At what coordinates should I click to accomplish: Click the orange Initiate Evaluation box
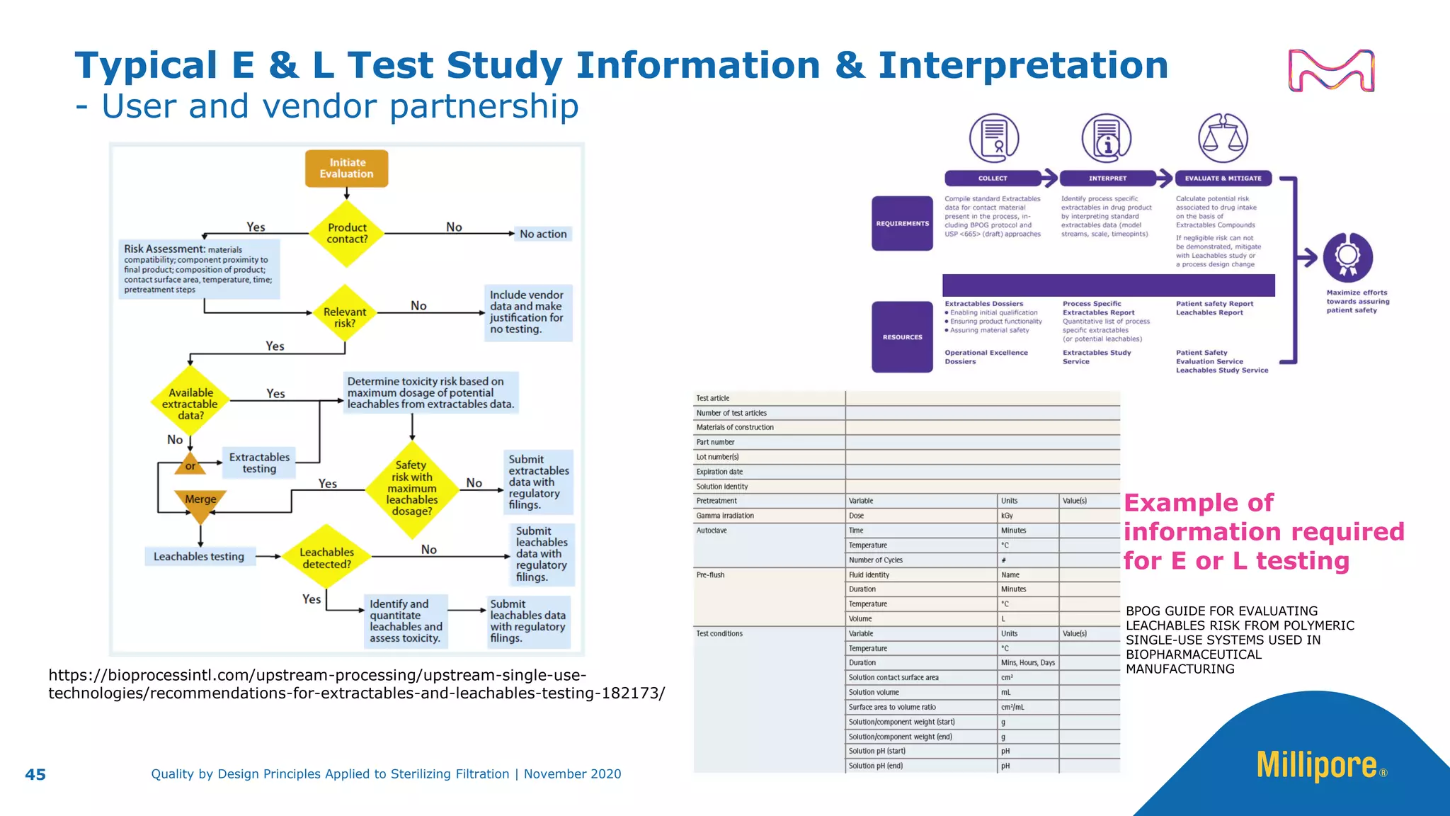346,169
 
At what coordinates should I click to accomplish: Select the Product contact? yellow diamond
347,234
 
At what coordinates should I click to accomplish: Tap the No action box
543,234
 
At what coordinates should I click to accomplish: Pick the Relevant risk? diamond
345,317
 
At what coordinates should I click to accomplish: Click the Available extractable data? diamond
190,404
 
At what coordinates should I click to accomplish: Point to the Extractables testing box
259,463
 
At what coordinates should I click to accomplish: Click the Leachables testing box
199,557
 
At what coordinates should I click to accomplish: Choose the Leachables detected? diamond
326,557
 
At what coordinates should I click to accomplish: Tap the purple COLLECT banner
993,178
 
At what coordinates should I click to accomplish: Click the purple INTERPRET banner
1107,178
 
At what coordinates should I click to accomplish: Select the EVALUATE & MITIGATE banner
1223,178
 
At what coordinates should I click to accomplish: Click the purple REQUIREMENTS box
902,223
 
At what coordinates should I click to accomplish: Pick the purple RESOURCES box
902,337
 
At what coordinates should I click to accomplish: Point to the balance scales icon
1223,138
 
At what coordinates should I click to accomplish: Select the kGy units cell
1007,516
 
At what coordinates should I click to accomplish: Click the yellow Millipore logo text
1316,766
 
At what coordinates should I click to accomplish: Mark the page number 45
35,774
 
